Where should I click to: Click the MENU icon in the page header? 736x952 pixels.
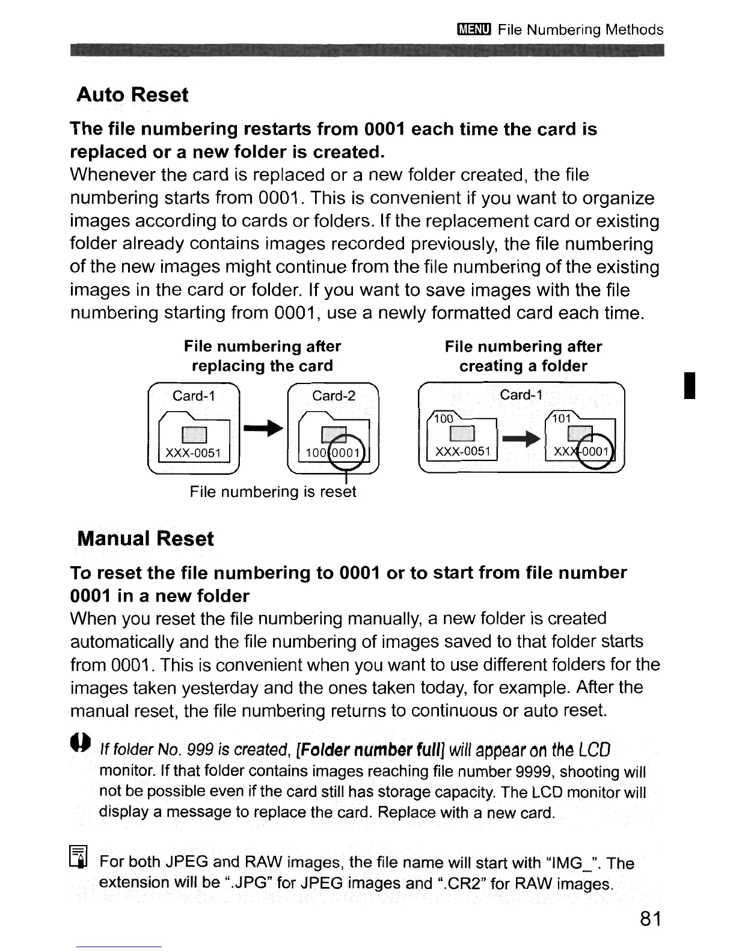(474, 30)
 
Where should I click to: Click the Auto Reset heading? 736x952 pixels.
(132, 95)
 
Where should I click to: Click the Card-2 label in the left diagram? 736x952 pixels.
(334, 395)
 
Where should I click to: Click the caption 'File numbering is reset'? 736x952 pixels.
(273, 492)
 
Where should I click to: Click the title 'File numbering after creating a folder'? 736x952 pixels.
(523, 356)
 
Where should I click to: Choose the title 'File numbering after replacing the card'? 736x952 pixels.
(262, 356)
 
